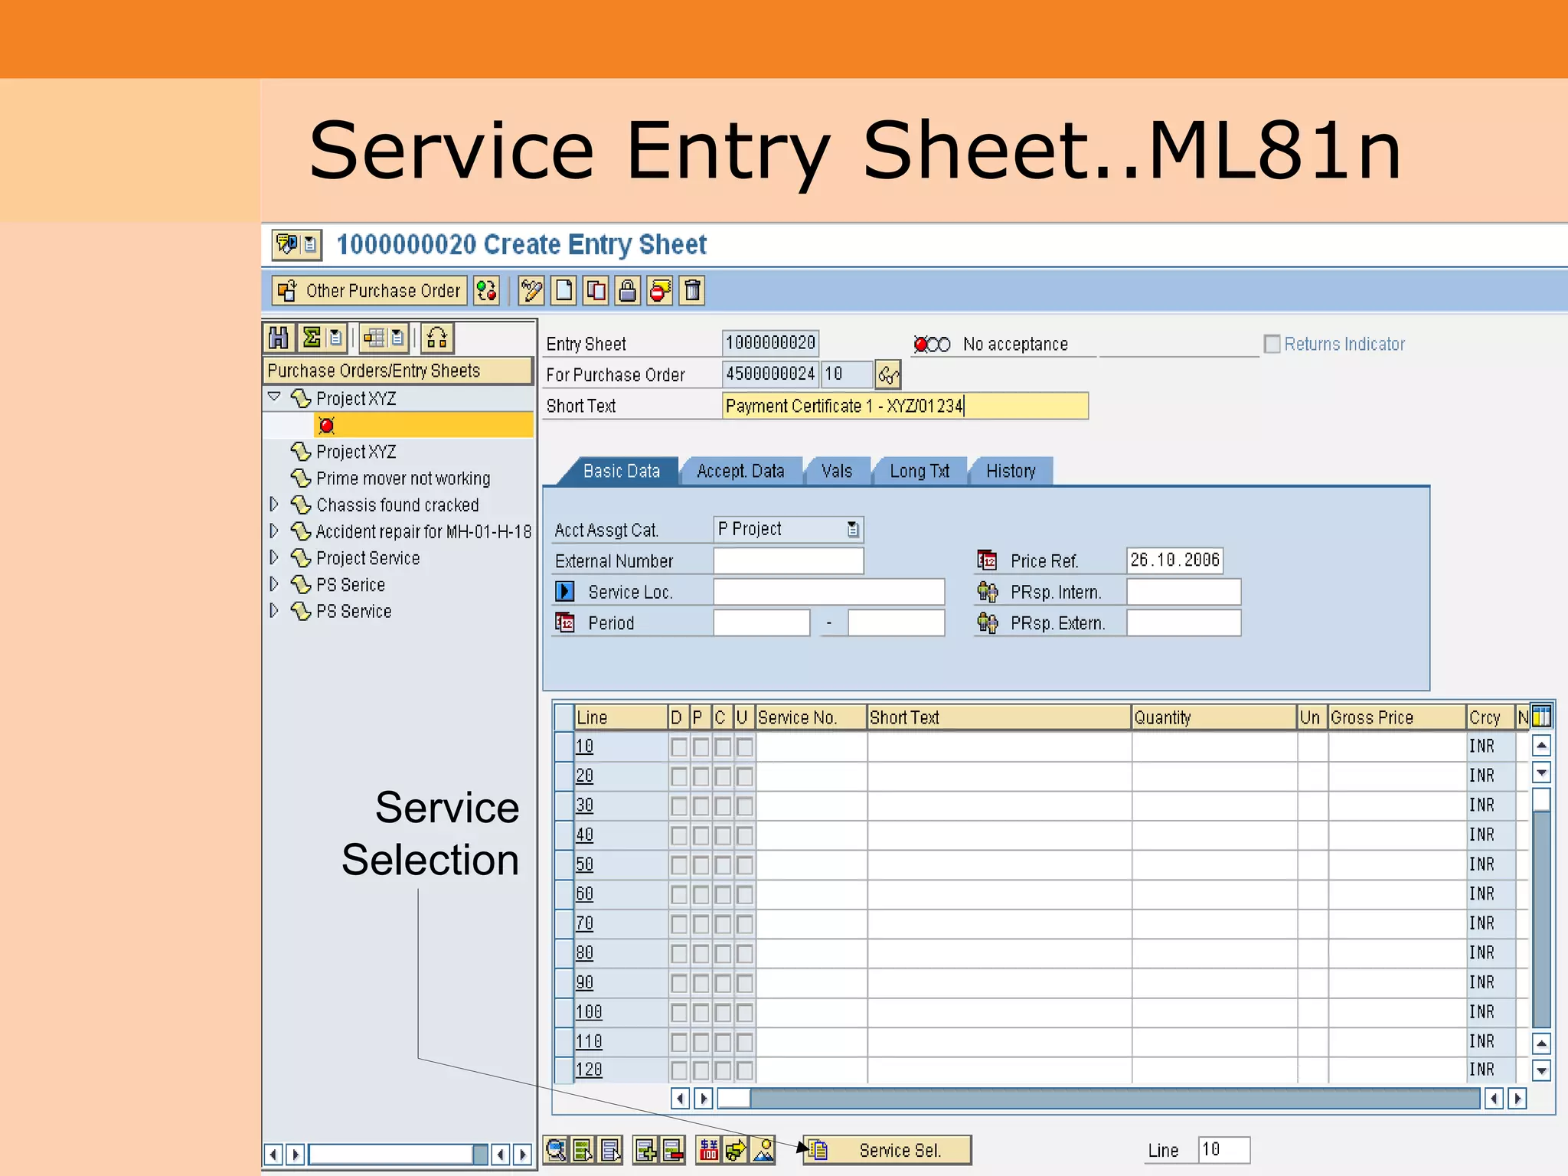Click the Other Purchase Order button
pyautogui.click(x=371, y=291)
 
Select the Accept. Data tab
pyautogui.click(x=740, y=471)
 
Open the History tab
pyautogui.click(x=1010, y=471)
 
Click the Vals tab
pyautogui.click(x=836, y=471)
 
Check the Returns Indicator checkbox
pyautogui.click(x=1272, y=344)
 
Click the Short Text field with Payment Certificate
pyautogui.click(x=903, y=406)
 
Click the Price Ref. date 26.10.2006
pyautogui.click(x=1174, y=560)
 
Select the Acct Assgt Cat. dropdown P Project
pyautogui.click(x=787, y=529)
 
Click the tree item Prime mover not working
pyautogui.click(x=403, y=479)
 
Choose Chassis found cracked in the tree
pyautogui.click(x=397, y=505)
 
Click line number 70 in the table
pyautogui.click(x=584, y=923)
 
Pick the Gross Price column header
pyautogui.click(x=1395, y=717)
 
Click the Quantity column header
pyautogui.click(x=1213, y=717)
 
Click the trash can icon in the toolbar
pyautogui.click(x=692, y=291)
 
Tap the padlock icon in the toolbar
pyautogui.click(x=627, y=291)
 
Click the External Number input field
pyautogui.click(x=788, y=560)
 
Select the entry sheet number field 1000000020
pyautogui.click(x=770, y=343)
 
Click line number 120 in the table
pyautogui.click(x=589, y=1070)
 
